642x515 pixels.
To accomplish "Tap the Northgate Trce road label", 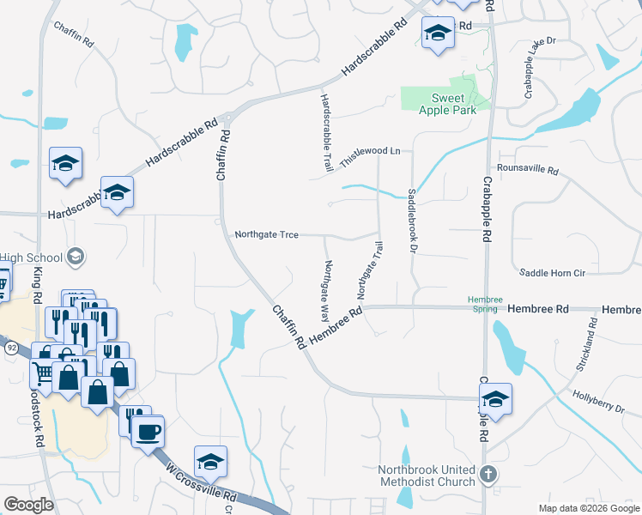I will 266,234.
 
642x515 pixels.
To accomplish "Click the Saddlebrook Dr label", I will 413,221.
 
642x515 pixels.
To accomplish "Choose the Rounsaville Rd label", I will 527,170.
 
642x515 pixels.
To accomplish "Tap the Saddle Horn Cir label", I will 552,272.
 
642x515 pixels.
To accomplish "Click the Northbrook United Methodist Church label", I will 428,476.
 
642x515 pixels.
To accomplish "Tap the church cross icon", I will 488,474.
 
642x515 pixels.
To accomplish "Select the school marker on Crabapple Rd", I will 495,399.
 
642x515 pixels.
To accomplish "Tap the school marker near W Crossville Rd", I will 210,462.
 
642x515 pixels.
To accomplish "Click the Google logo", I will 28,505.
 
